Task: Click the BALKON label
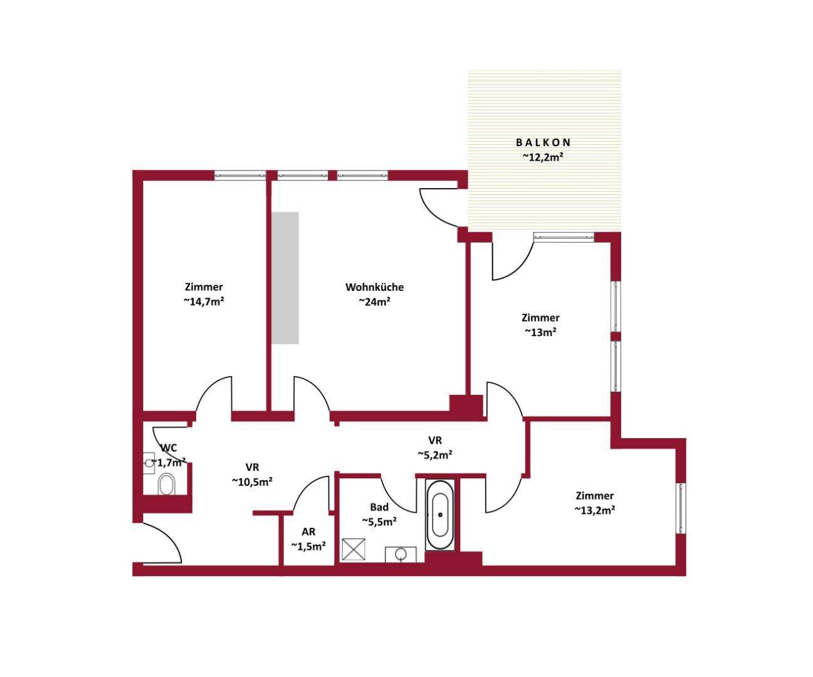(x=543, y=142)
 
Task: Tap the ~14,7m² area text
(x=204, y=302)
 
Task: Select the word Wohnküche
(x=375, y=287)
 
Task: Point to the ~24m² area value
(x=375, y=302)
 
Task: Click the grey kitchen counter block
(x=285, y=278)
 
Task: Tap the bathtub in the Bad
(x=440, y=515)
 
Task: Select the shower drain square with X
(x=354, y=550)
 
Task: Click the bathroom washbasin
(x=401, y=554)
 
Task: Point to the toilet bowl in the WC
(x=167, y=485)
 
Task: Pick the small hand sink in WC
(x=149, y=463)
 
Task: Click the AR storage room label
(x=309, y=532)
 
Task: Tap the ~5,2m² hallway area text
(x=435, y=454)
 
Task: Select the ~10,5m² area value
(x=253, y=481)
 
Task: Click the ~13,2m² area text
(x=595, y=510)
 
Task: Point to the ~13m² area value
(x=540, y=332)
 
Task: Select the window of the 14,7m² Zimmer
(x=240, y=176)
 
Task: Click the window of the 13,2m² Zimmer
(x=681, y=508)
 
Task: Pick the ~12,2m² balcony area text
(x=543, y=157)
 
